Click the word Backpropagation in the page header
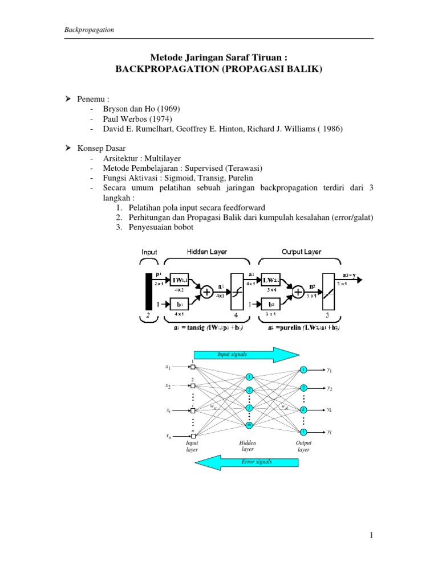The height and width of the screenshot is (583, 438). point(89,30)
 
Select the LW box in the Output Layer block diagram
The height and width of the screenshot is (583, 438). point(270,280)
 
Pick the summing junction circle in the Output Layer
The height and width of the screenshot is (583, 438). point(297,293)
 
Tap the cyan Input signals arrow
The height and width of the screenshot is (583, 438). point(247,355)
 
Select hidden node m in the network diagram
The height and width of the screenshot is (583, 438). point(249,425)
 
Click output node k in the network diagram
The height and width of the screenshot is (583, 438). point(303,410)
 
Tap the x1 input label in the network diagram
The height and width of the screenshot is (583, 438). point(168,368)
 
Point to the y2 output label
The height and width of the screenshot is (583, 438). point(330,388)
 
